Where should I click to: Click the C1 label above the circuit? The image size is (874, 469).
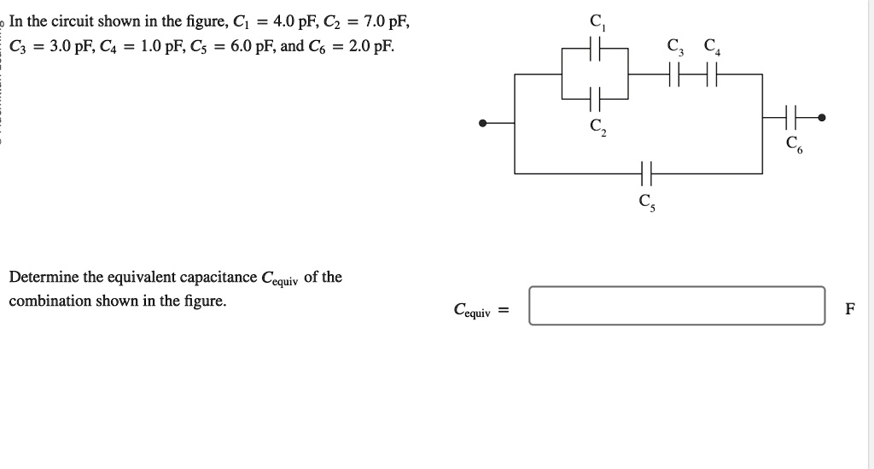(596, 22)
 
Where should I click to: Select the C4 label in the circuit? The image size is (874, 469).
(711, 45)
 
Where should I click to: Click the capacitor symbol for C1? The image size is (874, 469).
(596, 53)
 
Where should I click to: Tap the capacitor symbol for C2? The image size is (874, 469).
(596, 97)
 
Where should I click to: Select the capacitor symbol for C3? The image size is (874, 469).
(676, 74)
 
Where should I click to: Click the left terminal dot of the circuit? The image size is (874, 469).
(483, 123)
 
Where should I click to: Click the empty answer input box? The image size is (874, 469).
(677, 306)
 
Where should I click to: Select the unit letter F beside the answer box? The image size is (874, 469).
(849, 309)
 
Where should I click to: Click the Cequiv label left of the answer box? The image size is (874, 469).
(473, 310)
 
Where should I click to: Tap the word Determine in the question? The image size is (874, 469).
(43, 278)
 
